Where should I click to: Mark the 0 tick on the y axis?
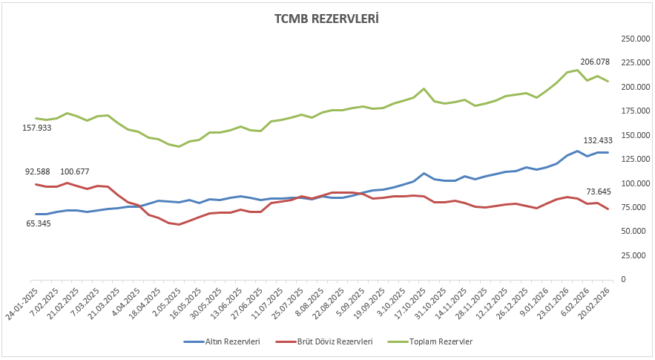(x=622, y=279)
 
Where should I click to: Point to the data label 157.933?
(x=39, y=128)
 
